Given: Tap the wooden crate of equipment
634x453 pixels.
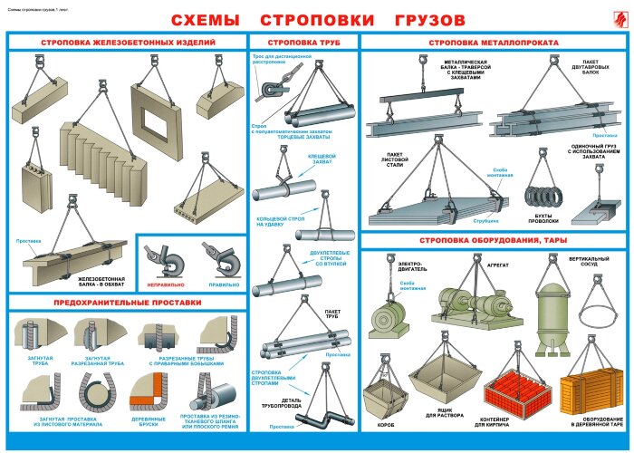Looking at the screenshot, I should [x=587, y=391].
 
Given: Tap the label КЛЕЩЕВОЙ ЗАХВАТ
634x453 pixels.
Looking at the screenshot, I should [x=322, y=159].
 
